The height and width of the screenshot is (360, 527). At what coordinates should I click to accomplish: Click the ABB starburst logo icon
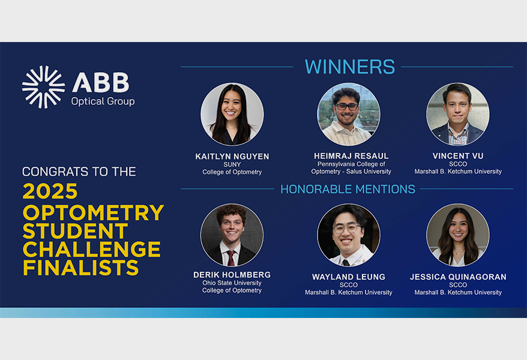tap(43, 87)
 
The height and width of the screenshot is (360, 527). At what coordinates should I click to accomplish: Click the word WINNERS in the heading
tap(350, 67)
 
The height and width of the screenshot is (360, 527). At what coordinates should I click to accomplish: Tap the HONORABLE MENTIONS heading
tap(348, 189)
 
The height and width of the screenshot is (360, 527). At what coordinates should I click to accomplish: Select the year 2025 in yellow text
tap(50, 191)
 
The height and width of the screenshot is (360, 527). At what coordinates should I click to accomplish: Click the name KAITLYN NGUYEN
tap(232, 157)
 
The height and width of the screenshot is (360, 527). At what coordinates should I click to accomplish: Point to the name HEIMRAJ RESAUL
tap(351, 156)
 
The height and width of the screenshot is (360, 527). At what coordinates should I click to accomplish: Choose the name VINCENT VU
tap(458, 156)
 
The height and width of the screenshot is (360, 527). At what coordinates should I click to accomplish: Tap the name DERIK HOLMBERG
tap(232, 275)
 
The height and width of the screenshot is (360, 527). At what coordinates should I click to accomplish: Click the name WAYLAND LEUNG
tap(349, 277)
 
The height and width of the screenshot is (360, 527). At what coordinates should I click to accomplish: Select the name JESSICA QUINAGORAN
tap(458, 277)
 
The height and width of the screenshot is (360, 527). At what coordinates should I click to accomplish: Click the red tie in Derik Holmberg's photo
tap(231, 258)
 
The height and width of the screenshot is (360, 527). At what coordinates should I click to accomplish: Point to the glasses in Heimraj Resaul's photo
tap(347, 107)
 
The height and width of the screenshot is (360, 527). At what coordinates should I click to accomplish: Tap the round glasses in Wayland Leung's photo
tap(346, 229)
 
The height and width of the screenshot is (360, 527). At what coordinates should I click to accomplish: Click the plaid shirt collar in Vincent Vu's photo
tap(457, 133)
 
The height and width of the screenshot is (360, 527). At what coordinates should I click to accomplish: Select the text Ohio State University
tap(232, 283)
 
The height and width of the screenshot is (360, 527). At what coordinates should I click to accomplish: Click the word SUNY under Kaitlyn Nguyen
tap(232, 164)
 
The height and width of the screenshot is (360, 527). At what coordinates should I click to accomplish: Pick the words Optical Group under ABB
tap(103, 101)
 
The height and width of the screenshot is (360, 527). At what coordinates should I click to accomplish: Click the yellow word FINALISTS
tap(80, 268)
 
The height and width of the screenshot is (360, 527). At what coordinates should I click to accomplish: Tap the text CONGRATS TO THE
tap(79, 172)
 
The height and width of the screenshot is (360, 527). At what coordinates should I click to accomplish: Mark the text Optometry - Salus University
tap(351, 171)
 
